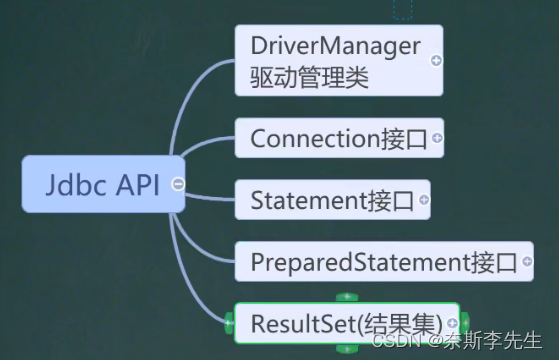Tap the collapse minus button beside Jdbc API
click(x=177, y=184)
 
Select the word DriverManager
click(x=336, y=44)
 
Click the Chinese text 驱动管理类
click(x=311, y=76)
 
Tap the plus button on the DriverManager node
click(x=436, y=60)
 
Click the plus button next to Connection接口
click(x=437, y=138)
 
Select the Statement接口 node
click(x=325, y=200)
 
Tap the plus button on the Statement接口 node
click(x=424, y=200)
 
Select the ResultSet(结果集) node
click(x=340, y=323)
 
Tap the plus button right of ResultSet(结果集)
click(x=453, y=323)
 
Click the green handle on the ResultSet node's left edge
click(x=230, y=323)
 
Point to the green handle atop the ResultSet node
click(x=346, y=297)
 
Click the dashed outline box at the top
click(x=403, y=9)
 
